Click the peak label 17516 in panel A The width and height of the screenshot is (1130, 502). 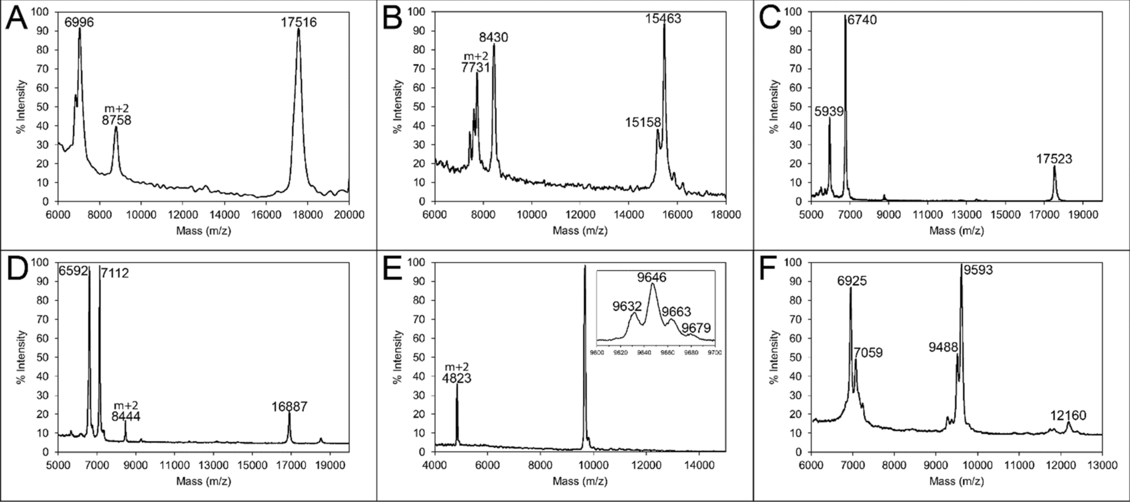coord(299,23)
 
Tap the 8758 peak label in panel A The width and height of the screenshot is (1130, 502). coord(117,120)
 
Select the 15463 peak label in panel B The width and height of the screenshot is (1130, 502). coord(663,19)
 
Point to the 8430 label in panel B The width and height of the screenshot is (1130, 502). coord(493,38)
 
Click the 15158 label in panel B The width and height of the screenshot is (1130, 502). coord(642,122)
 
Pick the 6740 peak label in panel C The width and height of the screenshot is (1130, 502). coord(862,20)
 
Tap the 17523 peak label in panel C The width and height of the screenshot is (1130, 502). coord(1054,159)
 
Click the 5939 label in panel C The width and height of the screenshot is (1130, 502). coord(829,112)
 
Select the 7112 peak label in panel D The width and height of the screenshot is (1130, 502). coord(115,274)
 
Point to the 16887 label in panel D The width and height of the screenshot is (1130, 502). coord(289,407)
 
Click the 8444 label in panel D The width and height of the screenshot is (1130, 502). coord(126,417)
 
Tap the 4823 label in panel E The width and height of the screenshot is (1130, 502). coord(457,379)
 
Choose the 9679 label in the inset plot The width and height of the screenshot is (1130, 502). coord(696,328)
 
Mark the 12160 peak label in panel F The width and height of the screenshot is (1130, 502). coord(1068,416)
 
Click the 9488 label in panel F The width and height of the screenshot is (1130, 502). coord(943,348)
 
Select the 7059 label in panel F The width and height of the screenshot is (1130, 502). coord(868,353)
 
